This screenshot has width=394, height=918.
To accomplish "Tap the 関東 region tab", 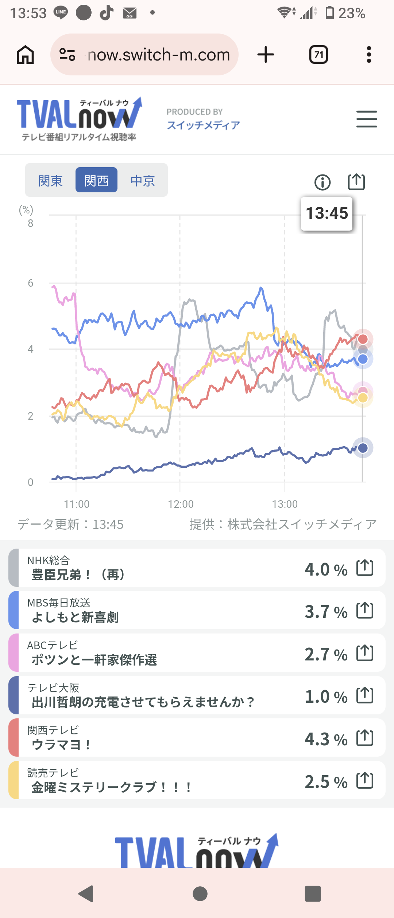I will point(50,180).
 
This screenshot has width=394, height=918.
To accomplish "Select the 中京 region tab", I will point(143,180).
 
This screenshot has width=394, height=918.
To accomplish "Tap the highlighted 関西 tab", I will point(96,180).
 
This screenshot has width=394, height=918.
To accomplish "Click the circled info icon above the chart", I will point(322,182).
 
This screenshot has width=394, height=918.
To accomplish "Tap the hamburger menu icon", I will point(367,119).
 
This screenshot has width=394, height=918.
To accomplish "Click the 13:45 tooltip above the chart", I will point(327,213).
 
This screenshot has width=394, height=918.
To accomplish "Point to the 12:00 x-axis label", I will point(181,504).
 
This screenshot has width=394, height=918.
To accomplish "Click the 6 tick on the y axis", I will point(31,283).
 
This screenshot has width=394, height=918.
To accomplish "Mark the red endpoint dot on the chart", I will point(363,339).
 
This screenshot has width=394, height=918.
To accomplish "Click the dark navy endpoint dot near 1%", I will point(363,448).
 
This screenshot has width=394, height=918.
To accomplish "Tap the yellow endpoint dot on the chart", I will point(363,397).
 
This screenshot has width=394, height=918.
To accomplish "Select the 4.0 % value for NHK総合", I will point(326,569).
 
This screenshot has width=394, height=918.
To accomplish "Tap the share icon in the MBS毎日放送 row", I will point(365,610).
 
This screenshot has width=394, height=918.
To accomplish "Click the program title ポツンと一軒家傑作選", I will point(94,660).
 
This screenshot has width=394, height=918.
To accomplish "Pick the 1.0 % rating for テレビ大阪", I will point(326,697).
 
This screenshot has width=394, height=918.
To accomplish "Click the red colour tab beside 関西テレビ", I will point(13,738).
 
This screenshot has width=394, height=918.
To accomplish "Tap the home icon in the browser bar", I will point(26,55).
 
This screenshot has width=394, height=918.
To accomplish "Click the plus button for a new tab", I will point(266,55).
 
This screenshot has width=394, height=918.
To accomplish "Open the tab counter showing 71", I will point(318,55).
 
